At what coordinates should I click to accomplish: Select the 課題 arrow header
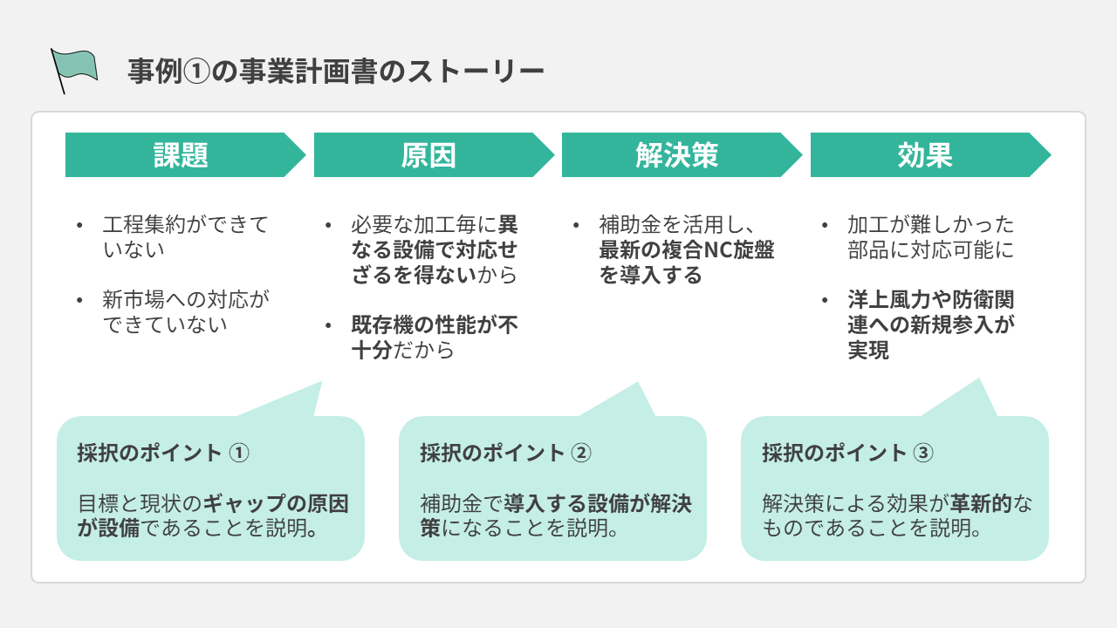click(x=181, y=155)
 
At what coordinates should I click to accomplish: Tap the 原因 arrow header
click(x=428, y=155)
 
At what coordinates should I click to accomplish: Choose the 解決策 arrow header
click(x=676, y=155)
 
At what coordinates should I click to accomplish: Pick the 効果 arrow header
click(x=925, y=155)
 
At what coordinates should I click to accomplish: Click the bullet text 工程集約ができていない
click(x=185, y=237)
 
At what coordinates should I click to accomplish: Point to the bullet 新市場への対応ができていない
click(x=185, y=312)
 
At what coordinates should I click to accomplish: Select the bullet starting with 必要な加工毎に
click(x=434, y=250)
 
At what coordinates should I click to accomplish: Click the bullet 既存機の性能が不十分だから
click(x=434, y=338)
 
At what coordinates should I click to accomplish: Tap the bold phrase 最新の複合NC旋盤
click(x=686, y=250)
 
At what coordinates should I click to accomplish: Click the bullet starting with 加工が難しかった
click(x=930, y=237)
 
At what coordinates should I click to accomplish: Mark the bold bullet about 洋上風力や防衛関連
click(x=930, y=325)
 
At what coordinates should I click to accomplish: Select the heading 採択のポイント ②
click(x=505, y=453)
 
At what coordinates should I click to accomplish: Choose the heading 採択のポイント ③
click(x=847, y=453)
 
